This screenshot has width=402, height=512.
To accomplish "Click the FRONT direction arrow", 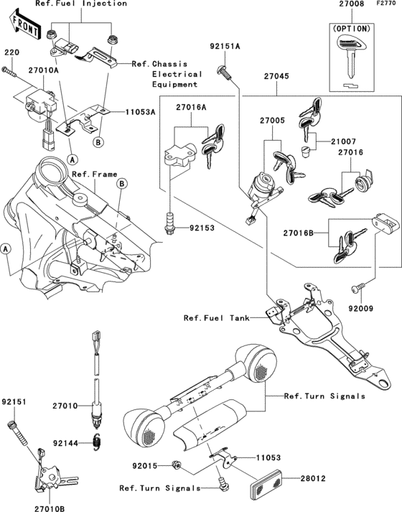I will [x=22, y=27].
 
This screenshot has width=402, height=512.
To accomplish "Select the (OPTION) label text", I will [x=351, y=29].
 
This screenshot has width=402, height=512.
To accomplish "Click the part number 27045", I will [x=277, y=75].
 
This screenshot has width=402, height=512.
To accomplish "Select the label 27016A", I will [x=191, y=107].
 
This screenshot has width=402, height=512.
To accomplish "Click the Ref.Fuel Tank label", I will [x=214, y=318].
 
